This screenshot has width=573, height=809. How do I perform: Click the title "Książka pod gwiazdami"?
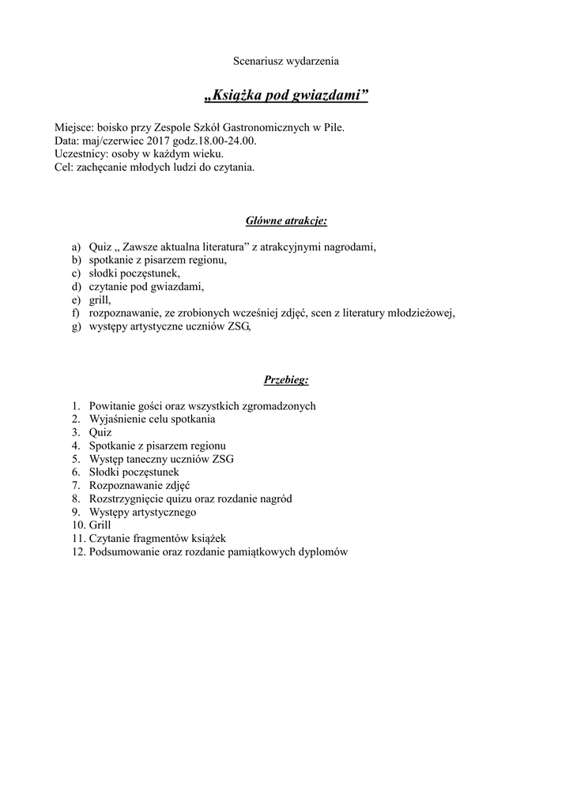point(286,96)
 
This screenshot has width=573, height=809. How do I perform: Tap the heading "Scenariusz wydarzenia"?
point(286,60)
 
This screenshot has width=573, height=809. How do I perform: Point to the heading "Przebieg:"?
point(286,380)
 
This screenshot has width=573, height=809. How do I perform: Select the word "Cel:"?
point(64,167)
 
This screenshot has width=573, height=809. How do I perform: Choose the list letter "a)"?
point(76,247)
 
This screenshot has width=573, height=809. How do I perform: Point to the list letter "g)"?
point(76,326)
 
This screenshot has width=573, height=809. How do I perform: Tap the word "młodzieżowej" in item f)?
point(424,313)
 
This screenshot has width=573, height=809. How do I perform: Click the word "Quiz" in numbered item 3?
point(100,432)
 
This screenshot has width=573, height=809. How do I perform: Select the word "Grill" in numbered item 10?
point(100,525)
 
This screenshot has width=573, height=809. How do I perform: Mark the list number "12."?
point(77,551)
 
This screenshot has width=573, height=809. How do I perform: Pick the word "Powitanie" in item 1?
point(111,406)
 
